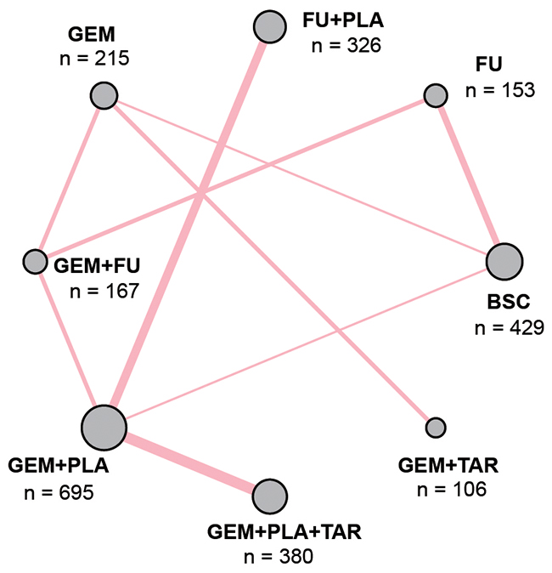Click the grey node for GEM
[x=104, y=95]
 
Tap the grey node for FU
[x=435, y=94]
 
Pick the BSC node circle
[x=503, y=261]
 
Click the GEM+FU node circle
[x=35, y=260]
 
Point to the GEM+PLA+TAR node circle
[x=270, y=495]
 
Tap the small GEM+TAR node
[x=435, y=426]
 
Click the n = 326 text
[x=348, y=43]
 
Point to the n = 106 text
[x=453, y=490]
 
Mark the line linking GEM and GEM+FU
[x=70, y=177]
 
